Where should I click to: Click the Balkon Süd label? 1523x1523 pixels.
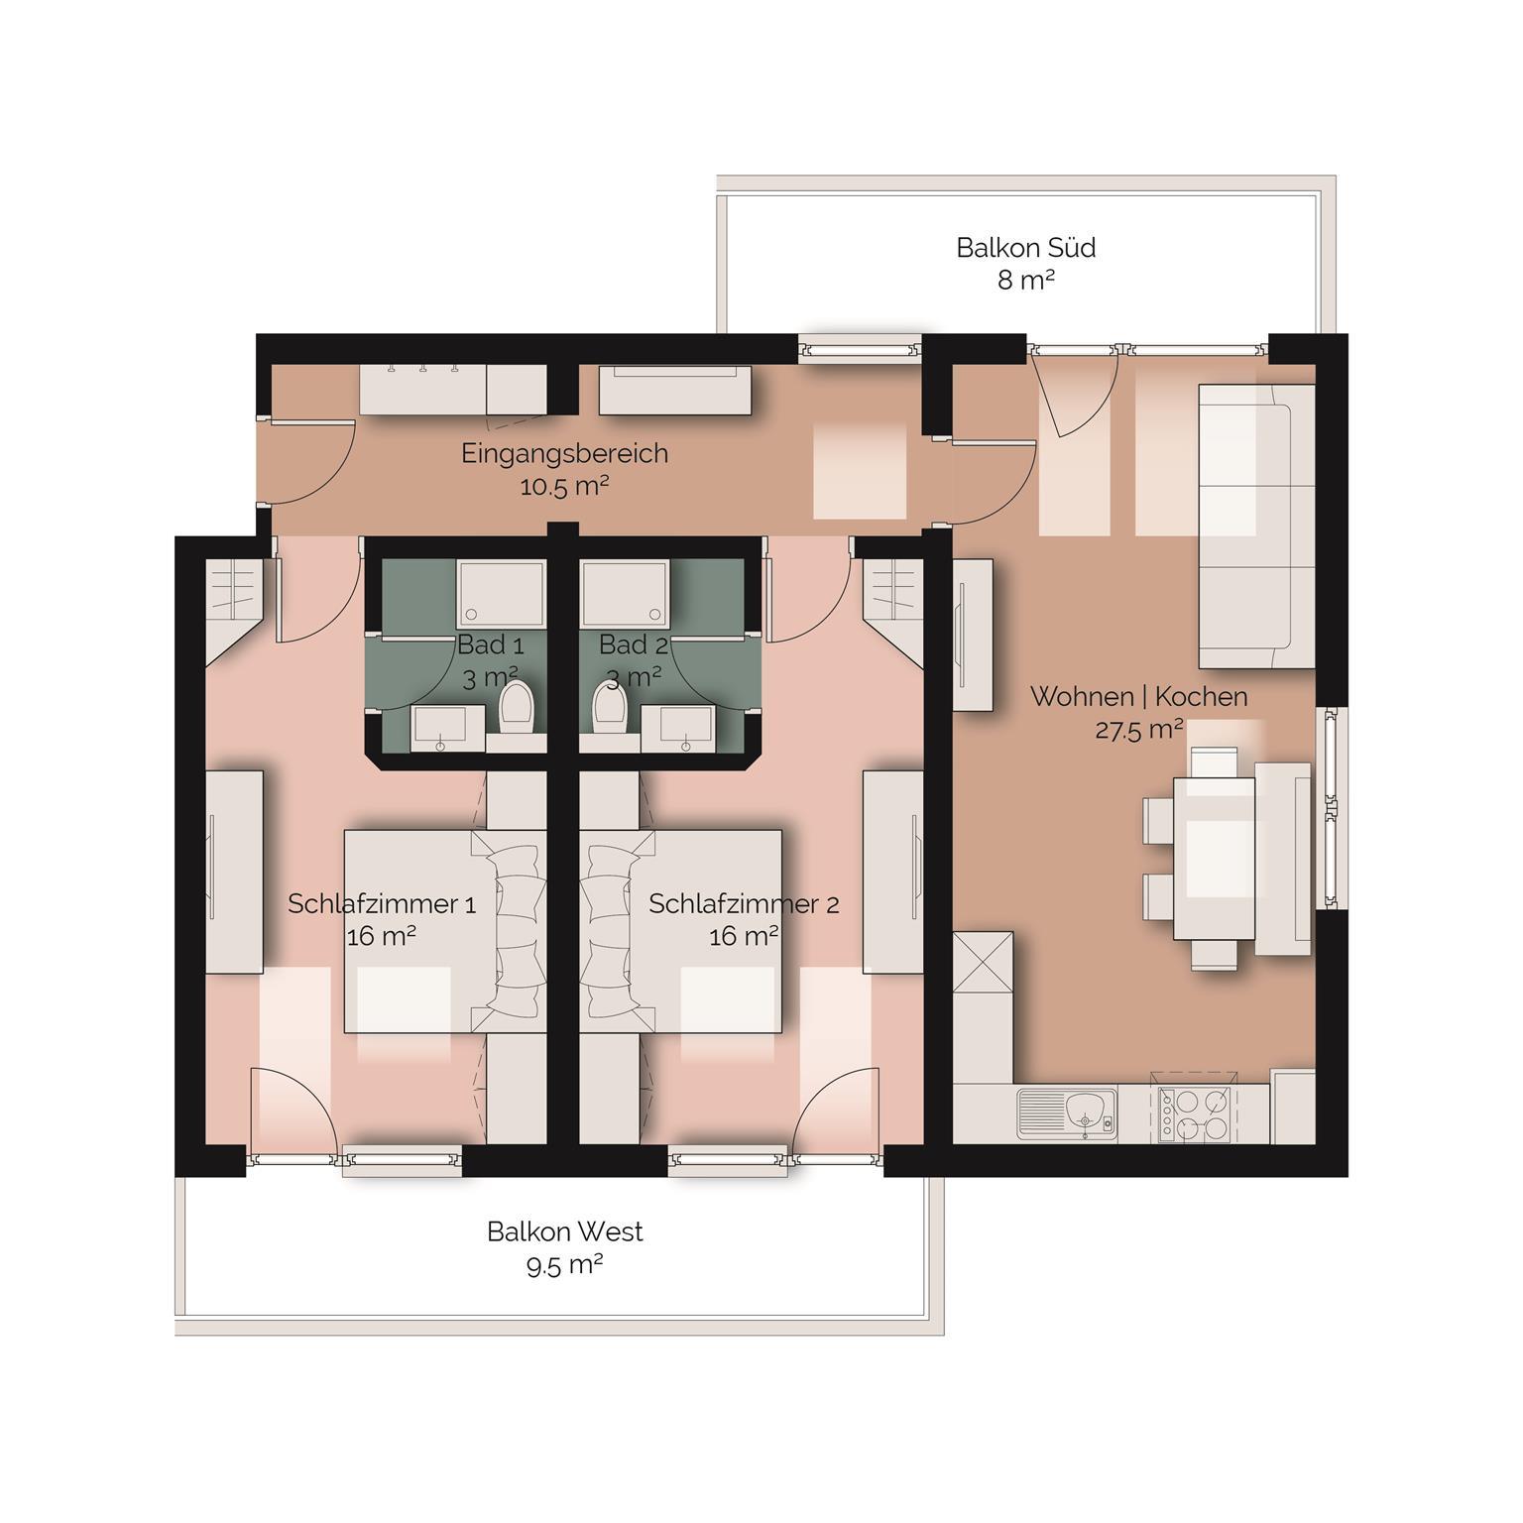tap(1025, 248)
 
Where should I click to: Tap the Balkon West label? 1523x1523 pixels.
tap(564, 1232)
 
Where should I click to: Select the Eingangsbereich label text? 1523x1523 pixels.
tap(564, 454)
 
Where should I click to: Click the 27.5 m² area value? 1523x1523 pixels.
tap(1138, 730)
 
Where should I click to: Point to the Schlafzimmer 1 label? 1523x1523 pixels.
tap(382, 904)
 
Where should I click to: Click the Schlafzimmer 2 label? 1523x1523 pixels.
tap(744, 904)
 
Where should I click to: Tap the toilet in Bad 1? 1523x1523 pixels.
tap(517, 708)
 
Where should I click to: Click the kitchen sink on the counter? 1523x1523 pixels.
tap(1067, 1114)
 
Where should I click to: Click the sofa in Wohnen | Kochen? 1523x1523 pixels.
tap(1256, 526)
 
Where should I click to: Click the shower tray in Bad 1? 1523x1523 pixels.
tap(501, 594)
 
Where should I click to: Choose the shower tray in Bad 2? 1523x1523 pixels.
tap(624, 594)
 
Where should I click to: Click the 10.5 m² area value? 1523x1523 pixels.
tap(563, 487)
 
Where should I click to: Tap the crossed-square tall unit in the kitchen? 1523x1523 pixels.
tap(983, 963)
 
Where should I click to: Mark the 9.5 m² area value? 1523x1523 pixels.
tap(565, 1266)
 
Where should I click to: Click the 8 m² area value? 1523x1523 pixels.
tap(1025, 281)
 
